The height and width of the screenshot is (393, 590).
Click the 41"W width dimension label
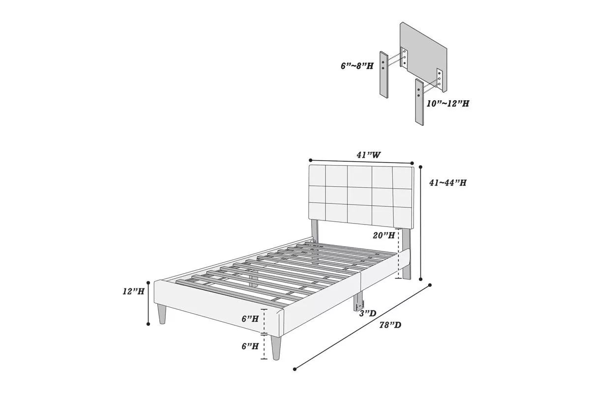tap(369, 155)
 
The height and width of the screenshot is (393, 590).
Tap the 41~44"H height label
tap(447, 183)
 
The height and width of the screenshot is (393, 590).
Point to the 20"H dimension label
tap(383, 235)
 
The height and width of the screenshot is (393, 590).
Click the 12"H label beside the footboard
tap(133, 291)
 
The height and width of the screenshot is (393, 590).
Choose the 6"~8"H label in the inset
tap(357, 66)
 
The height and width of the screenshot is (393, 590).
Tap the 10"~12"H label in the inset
tap(447, 104)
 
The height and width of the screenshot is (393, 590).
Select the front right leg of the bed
tap(277, 347)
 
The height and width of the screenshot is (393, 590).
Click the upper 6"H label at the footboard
tap(250, 318)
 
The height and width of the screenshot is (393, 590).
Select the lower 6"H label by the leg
tap(250, 346)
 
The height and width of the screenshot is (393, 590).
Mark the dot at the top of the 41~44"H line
tap(421, 167)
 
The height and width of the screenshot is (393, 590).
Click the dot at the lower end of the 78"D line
tap(295, 369)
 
